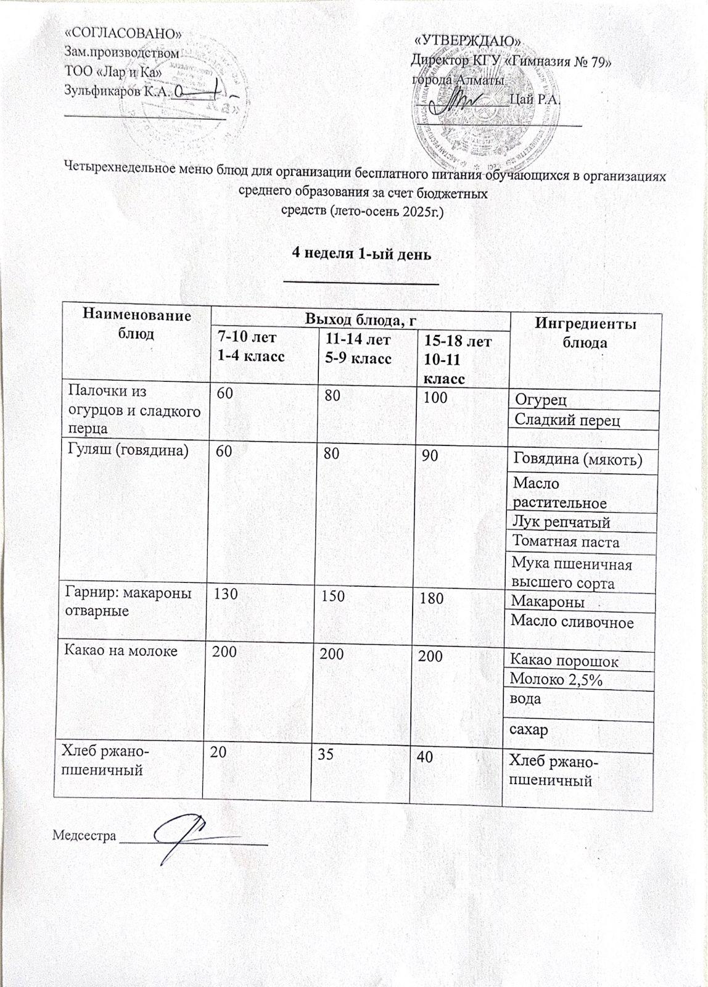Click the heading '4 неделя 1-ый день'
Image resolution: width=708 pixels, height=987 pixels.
(361, 254)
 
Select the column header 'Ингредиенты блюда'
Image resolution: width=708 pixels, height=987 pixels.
(585, 333)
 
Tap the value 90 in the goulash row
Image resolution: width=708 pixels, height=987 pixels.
(430, 456)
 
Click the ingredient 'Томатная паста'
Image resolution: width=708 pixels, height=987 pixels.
(566, 542)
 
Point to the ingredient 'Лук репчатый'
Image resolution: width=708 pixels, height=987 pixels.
(561, 522)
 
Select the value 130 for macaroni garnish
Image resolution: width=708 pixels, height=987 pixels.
(225, 593)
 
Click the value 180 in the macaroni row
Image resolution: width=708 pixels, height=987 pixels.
(431, 598)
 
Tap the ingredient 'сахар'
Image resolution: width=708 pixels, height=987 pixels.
(528, 730)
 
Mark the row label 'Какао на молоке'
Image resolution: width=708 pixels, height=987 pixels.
(122, 650)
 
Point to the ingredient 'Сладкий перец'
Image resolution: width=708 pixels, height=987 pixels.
(567, 420)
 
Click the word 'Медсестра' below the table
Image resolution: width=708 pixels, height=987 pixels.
(84, 836)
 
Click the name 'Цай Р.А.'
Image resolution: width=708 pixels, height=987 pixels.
(535, 100)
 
